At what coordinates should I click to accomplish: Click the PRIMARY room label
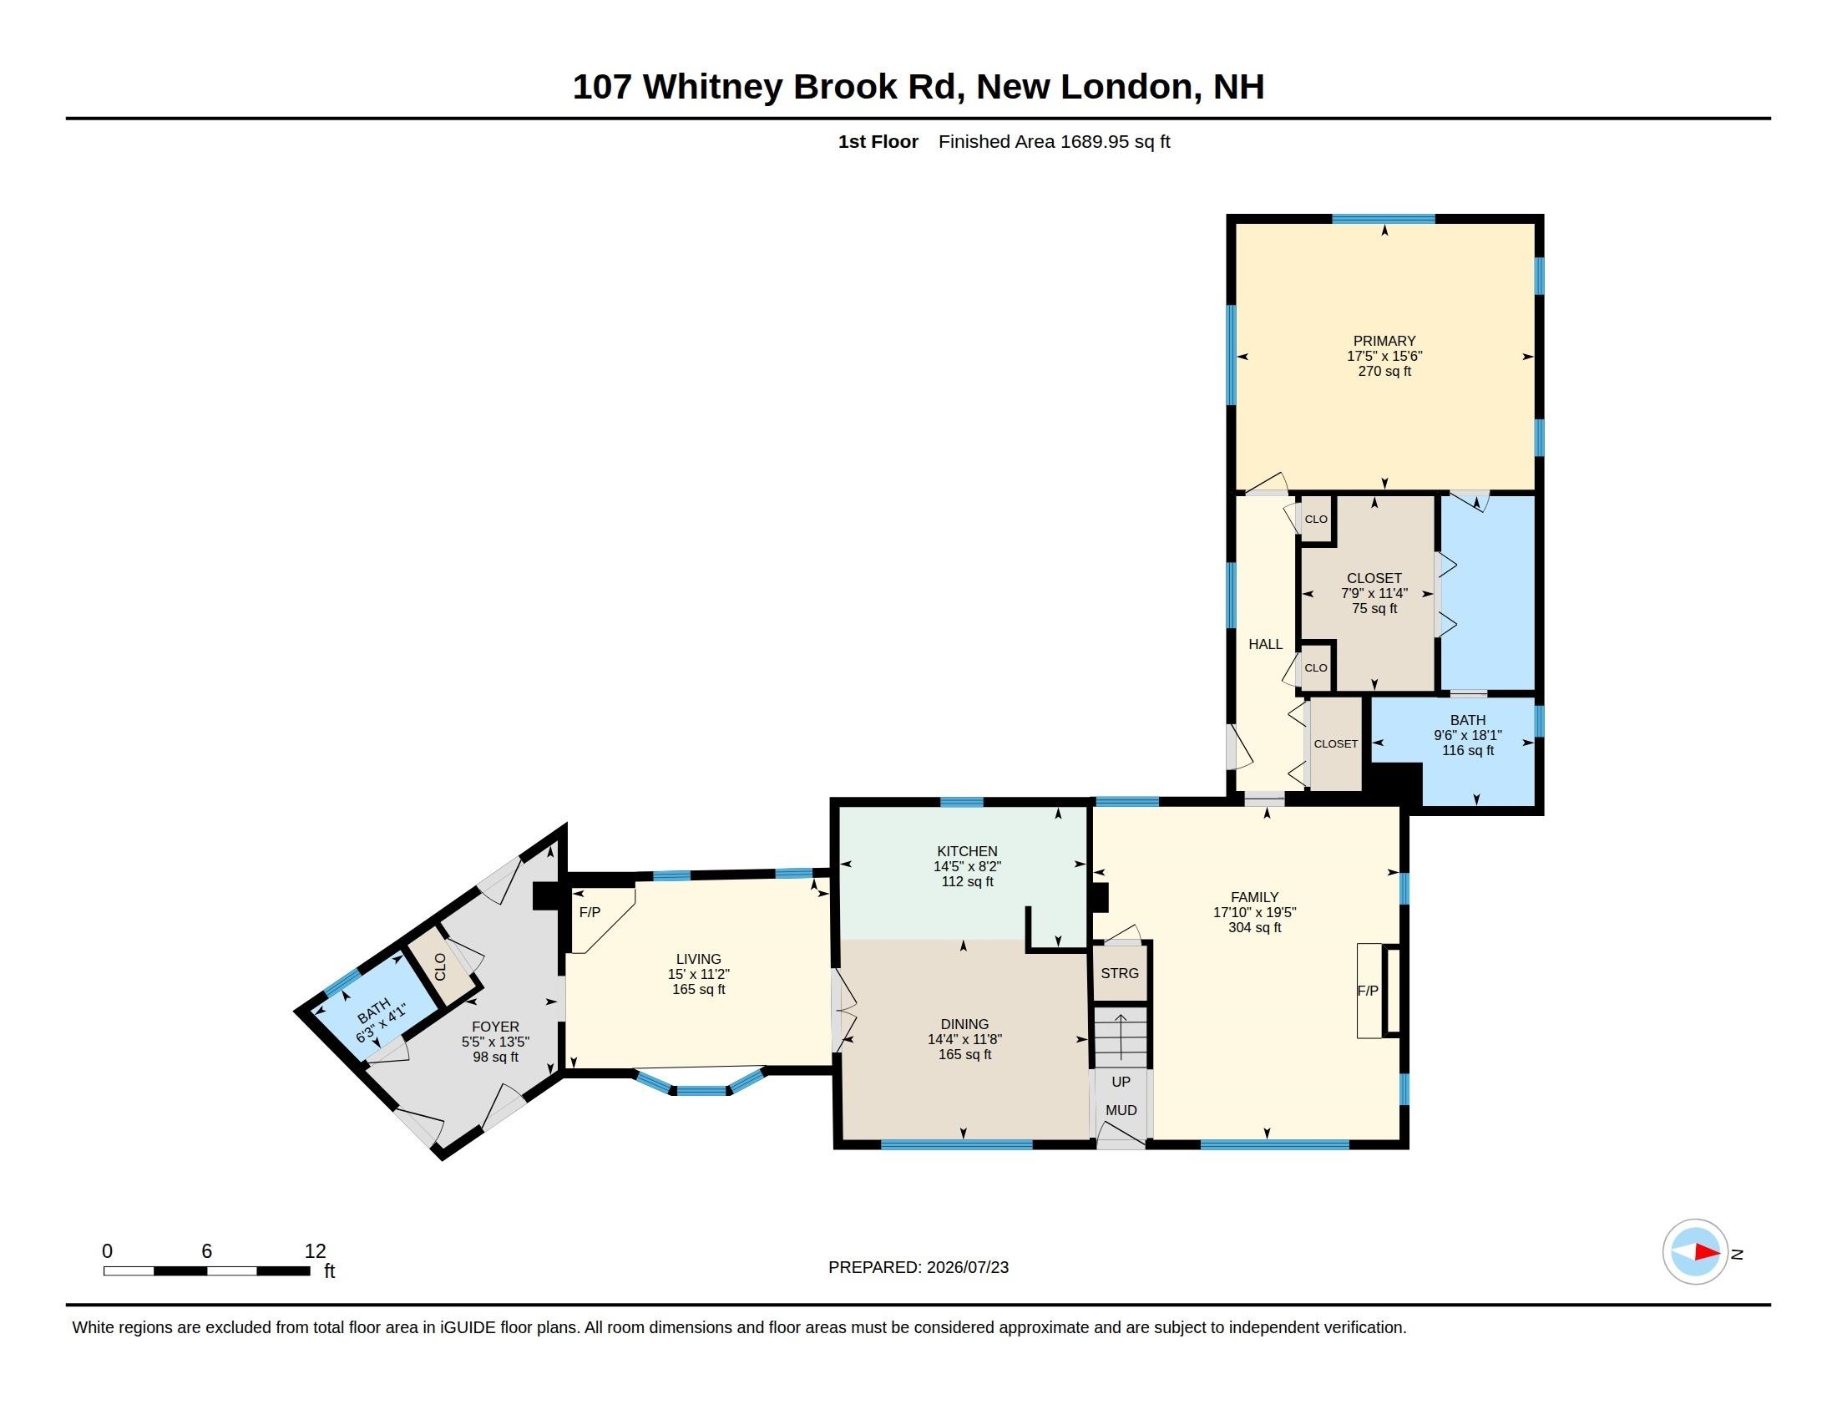coord(1384,341)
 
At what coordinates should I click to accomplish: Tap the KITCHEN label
coord(967,851)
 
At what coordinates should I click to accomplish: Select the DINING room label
coord(964,1024)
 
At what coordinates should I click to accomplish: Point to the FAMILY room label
coord(1254,897)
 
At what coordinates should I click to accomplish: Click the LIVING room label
coord(698,959)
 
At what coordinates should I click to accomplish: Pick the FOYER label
coord(495,1027)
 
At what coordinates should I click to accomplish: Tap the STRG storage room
coord(1120,973)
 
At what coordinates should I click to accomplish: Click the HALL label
coord(1265,644)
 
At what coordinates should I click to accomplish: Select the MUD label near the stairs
coord(1121,1110)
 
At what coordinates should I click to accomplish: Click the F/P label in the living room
coord(590,913)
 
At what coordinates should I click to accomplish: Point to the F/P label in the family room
coord(1368,991)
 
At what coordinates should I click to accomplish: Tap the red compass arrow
coord(1707,1252)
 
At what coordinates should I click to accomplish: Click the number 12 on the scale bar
coord(316,1251)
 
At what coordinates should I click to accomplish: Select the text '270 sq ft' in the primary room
coord(1384,371)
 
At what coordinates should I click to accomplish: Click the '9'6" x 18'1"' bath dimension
coord(1468,735)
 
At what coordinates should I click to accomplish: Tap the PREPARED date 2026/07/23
coord(967,1267)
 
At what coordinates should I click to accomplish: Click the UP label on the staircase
coord(1121,1082)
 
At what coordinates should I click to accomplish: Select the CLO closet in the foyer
coord(440,967)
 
